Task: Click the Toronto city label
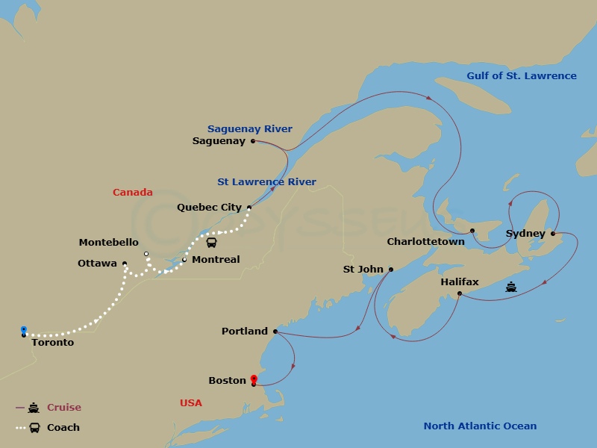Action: pos(52,343)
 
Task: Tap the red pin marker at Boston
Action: pos(254,379)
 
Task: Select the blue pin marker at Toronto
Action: pos(24,329)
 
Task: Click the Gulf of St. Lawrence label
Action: pos(522,75)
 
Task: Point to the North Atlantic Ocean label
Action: pos(480,426)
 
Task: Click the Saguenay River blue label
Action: pos(250,128)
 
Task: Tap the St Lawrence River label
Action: pos(266,181)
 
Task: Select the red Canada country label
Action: pos(133,193)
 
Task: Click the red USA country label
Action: pos(191,403)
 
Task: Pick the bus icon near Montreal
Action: pos(212,243)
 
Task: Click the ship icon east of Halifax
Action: pos(511,287)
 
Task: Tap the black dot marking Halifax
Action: pos(459,293)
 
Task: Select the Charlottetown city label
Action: pos(425,242)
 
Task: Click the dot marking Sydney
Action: pos(553,234)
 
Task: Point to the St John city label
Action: pos(363,270)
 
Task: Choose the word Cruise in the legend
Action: pos(64,408)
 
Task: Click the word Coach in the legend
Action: pos(63,428)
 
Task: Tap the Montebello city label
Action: pos(108,243)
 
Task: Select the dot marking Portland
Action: pos(275,331)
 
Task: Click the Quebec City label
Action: pos(209,208)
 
